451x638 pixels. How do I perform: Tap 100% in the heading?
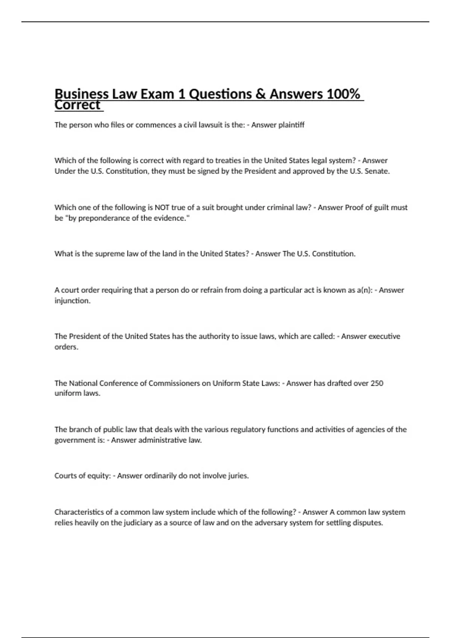pyautogui.click(x=344, y=94)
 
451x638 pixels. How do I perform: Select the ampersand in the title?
pyautogui.click(x=260, y=94)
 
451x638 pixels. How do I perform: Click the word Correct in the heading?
pyautogui.click(x=77, y=105)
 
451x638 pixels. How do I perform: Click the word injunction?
pyautogui.click(x=72, y=301)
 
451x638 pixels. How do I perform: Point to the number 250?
pyautogui.click(x=377, y=383)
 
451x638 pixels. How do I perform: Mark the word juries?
pyautogui.click(x=238, y=476)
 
